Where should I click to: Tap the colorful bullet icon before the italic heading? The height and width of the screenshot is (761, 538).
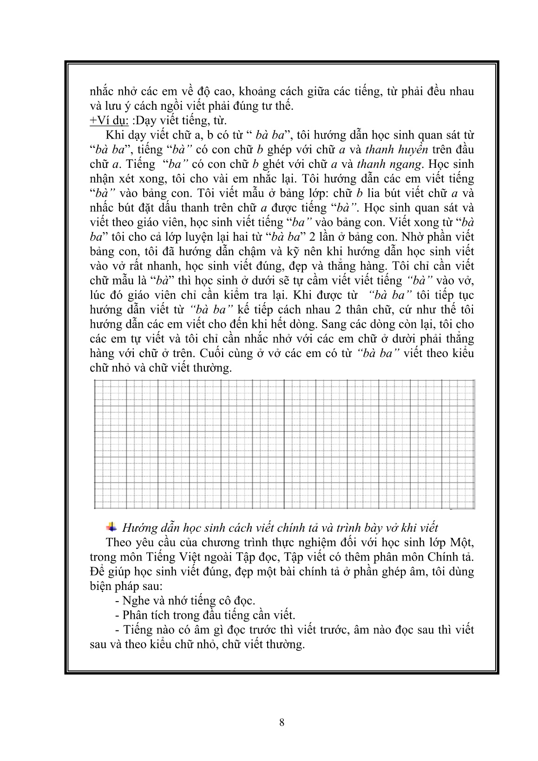point(111,527)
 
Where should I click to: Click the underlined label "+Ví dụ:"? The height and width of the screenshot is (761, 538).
point(109,120)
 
